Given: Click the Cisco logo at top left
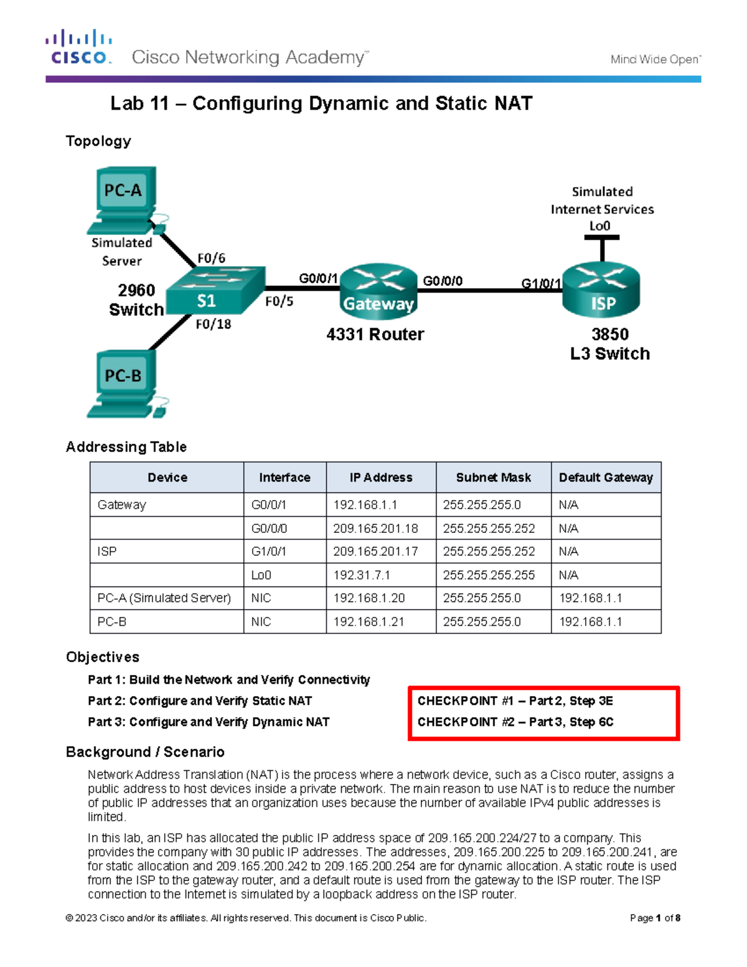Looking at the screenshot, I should [x=78, y=48].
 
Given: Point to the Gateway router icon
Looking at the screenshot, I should [x=378, y=290].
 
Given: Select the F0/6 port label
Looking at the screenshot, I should [x=211, y=258].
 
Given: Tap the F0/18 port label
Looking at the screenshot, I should [x=213, y=324].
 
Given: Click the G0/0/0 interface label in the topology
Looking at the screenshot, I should [x=443, y=281].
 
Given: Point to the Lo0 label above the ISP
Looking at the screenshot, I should [x=599, y=226].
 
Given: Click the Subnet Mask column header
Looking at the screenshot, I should [x=493, y=478].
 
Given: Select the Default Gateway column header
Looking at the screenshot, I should [x=606, y=478].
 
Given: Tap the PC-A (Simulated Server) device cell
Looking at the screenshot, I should [x=164, y=598].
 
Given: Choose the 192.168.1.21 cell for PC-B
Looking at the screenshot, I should [x=369, y=621].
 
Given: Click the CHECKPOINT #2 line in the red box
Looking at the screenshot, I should [x=515, y=722].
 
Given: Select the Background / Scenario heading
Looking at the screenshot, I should [x=145, y=752].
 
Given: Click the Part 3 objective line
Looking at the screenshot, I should [x=209, y=722].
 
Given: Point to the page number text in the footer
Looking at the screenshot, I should [x=655, y=918].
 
